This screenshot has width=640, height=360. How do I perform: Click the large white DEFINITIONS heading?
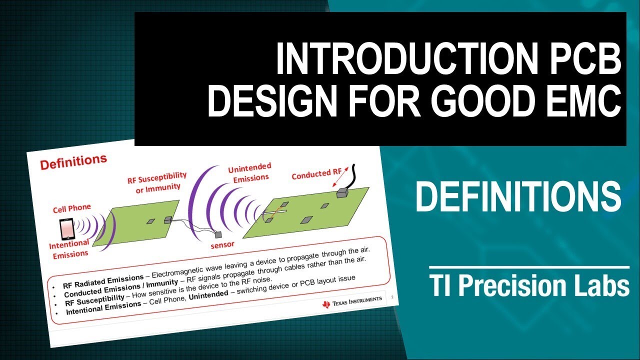tap(518, 196)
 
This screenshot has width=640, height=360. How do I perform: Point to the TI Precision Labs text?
tap(529, 287)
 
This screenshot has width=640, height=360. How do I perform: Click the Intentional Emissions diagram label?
tap(69, 248)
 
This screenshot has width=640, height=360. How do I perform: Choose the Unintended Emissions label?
tap(249, 172)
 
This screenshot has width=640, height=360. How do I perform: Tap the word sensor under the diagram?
tap(222, 245)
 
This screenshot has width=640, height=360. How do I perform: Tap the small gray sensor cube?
tap(218, 234)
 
